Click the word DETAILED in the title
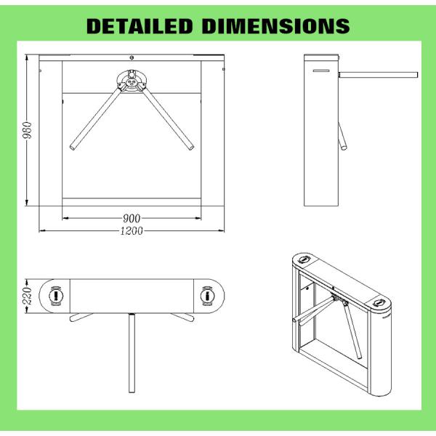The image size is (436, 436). click(139, 26)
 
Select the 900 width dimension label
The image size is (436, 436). click(131, 218)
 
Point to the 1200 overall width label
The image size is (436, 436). click(131, 230)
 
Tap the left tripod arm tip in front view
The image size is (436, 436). click(73, 148)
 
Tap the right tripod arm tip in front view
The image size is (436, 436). click(191, 148)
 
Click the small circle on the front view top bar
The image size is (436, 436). click(131, 58)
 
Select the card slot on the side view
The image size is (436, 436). click(321, 70)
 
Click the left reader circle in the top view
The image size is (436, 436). click(57, 296)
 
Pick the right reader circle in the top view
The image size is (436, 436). click(207, 296)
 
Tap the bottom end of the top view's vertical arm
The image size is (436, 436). click(132, 387)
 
